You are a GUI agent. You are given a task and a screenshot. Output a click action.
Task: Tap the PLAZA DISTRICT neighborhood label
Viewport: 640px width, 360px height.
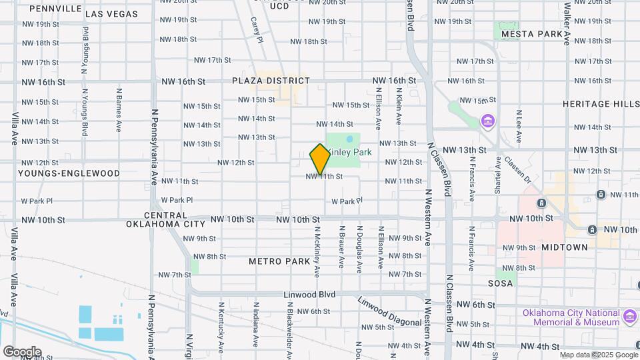coord(271,81)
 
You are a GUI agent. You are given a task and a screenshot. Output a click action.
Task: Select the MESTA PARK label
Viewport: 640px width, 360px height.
coord(532,33)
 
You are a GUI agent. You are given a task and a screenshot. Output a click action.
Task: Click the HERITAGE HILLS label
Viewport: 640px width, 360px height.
coord(595,104)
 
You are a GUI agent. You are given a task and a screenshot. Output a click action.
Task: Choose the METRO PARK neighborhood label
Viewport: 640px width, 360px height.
coord(280,261)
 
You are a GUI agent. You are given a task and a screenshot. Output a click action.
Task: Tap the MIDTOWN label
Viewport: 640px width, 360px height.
coord(565,247)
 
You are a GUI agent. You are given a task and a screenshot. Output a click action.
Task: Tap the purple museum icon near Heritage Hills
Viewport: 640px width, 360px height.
coord(488,121)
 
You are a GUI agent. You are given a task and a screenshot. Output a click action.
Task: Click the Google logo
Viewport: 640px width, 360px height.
coord(21,352)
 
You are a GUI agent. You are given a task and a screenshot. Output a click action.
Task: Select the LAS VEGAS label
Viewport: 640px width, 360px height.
coord(112,13)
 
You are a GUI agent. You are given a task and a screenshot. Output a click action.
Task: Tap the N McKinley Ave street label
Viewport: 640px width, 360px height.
coord(317,252)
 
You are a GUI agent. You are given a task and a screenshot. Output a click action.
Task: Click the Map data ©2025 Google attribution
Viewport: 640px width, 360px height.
coord(598,355)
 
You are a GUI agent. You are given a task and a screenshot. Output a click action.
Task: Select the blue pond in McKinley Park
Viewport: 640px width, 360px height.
coord(350,140)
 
